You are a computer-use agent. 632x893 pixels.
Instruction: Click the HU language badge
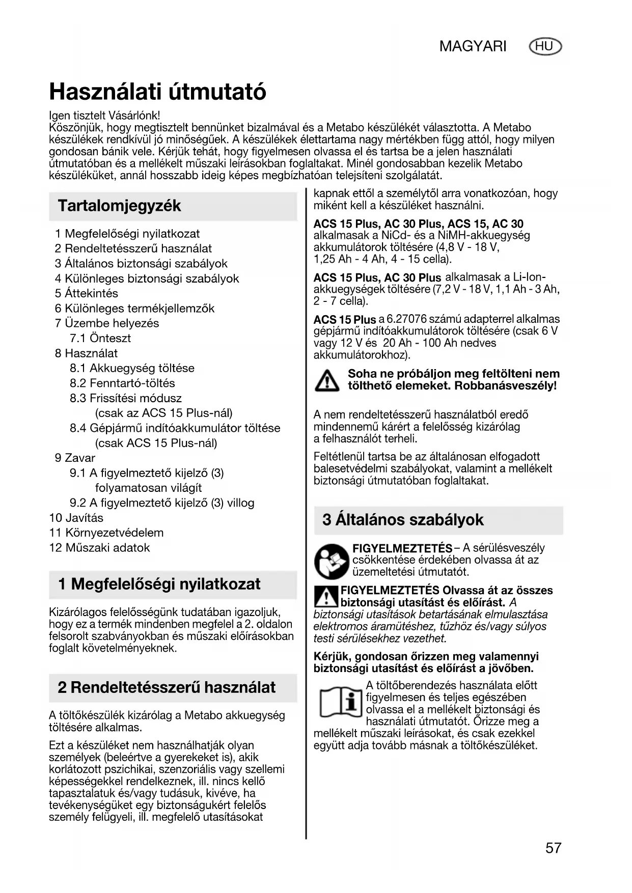point(545,47)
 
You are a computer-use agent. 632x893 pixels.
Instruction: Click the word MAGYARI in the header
point(473,47)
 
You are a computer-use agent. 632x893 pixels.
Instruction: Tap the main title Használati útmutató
point(157,92)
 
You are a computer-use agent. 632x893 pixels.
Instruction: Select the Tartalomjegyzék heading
point(119,206)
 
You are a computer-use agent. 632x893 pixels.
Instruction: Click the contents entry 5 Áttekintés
point(87,293)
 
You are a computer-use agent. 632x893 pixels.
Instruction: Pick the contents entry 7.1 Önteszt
point(100,338)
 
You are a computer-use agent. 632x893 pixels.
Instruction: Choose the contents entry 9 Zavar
point(75,458)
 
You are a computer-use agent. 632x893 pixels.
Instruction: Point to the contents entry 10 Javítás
point(76,518)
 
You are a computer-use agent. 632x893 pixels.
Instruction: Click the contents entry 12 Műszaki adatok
point(99,548)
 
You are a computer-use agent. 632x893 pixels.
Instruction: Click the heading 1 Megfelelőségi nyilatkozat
point(159,584)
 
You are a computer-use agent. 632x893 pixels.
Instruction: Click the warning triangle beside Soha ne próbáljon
point(326,380)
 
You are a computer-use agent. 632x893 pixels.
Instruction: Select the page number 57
point(553,848)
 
